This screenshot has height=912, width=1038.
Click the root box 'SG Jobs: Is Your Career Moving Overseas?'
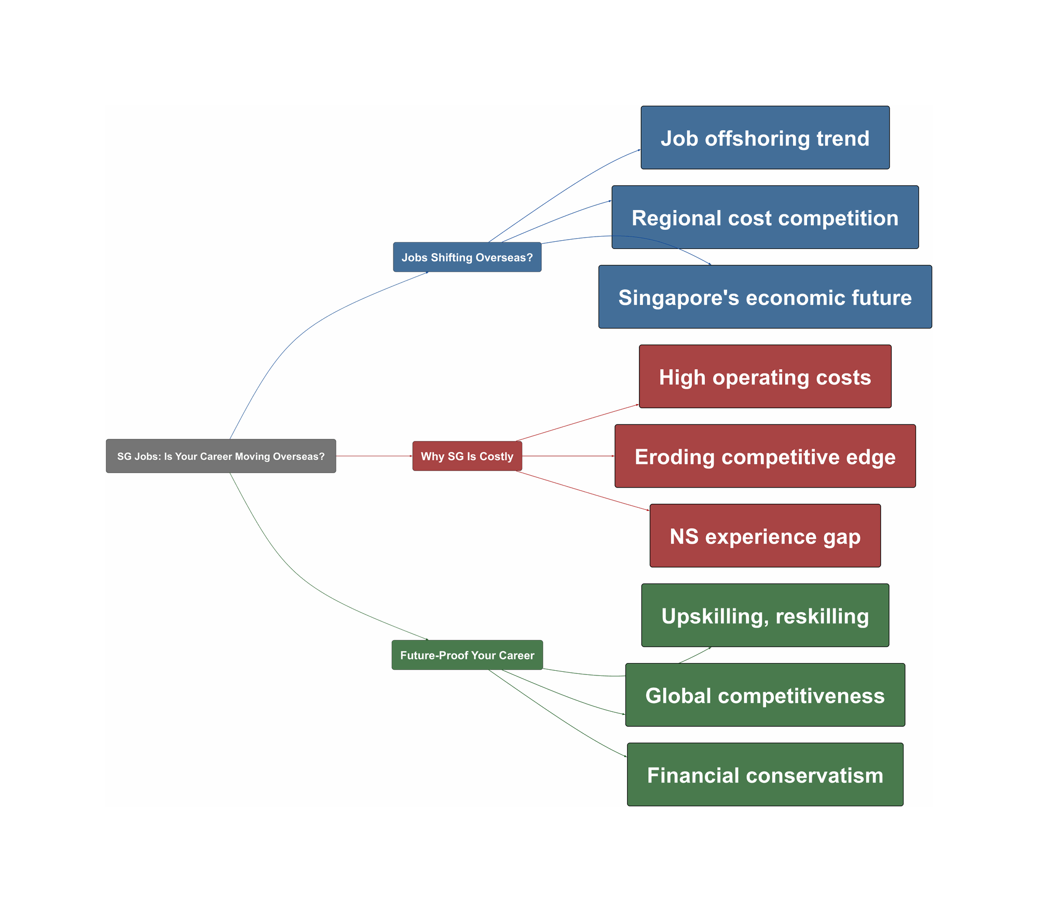221,456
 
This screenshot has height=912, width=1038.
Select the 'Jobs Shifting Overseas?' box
467,257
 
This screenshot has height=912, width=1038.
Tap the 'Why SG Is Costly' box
467,456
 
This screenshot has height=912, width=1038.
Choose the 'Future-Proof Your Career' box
467,655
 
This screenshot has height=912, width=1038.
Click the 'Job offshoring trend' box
765,138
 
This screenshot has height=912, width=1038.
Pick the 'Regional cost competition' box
765,217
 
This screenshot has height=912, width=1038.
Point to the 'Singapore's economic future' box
765,297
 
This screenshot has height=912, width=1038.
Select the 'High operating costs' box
765,377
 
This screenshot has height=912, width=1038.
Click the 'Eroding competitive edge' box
765,456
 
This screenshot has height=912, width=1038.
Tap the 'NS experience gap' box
765,535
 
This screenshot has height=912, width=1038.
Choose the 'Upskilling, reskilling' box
765,615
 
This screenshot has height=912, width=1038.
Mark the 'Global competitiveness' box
765,695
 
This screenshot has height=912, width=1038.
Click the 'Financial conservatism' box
765,775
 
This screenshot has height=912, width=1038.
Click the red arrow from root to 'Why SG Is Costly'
374,456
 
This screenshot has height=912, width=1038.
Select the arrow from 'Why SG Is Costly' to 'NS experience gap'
582,491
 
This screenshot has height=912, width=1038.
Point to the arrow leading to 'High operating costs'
578,423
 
